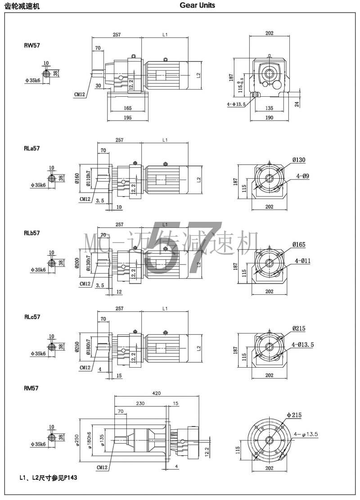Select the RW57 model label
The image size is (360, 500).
tap(32, 45)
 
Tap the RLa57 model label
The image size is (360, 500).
tap(33, 148)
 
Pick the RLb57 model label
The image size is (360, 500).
tap(33, 233)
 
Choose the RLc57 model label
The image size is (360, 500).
tap(33, 317)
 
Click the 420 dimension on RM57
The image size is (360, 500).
tap(157, 393)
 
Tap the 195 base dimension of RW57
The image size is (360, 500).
tap(127, 118)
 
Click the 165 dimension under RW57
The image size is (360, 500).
tap(127, 108)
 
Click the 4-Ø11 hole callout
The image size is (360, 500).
tap(303, 261)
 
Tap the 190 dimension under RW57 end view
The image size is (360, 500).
tap(270, 118)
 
